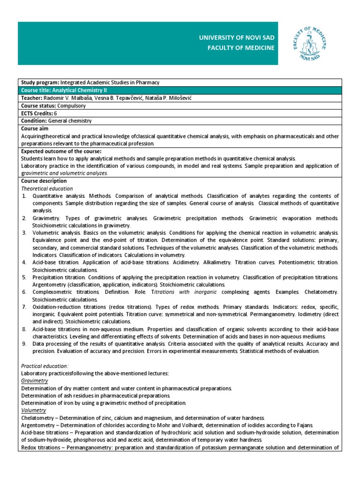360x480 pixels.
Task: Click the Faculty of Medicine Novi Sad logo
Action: [x=313, y=44]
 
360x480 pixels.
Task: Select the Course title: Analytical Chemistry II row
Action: [x=180, y=90]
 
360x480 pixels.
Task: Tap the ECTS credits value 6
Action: [x=55, y=113]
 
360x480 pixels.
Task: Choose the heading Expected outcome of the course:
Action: [x=61, y=151]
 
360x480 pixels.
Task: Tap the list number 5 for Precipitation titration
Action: [x=24, y=277]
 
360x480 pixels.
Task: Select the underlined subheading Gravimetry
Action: [x=35, y=381]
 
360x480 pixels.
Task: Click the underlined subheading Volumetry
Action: [x=34, y=410]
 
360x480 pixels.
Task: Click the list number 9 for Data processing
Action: [x=24, y=344]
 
